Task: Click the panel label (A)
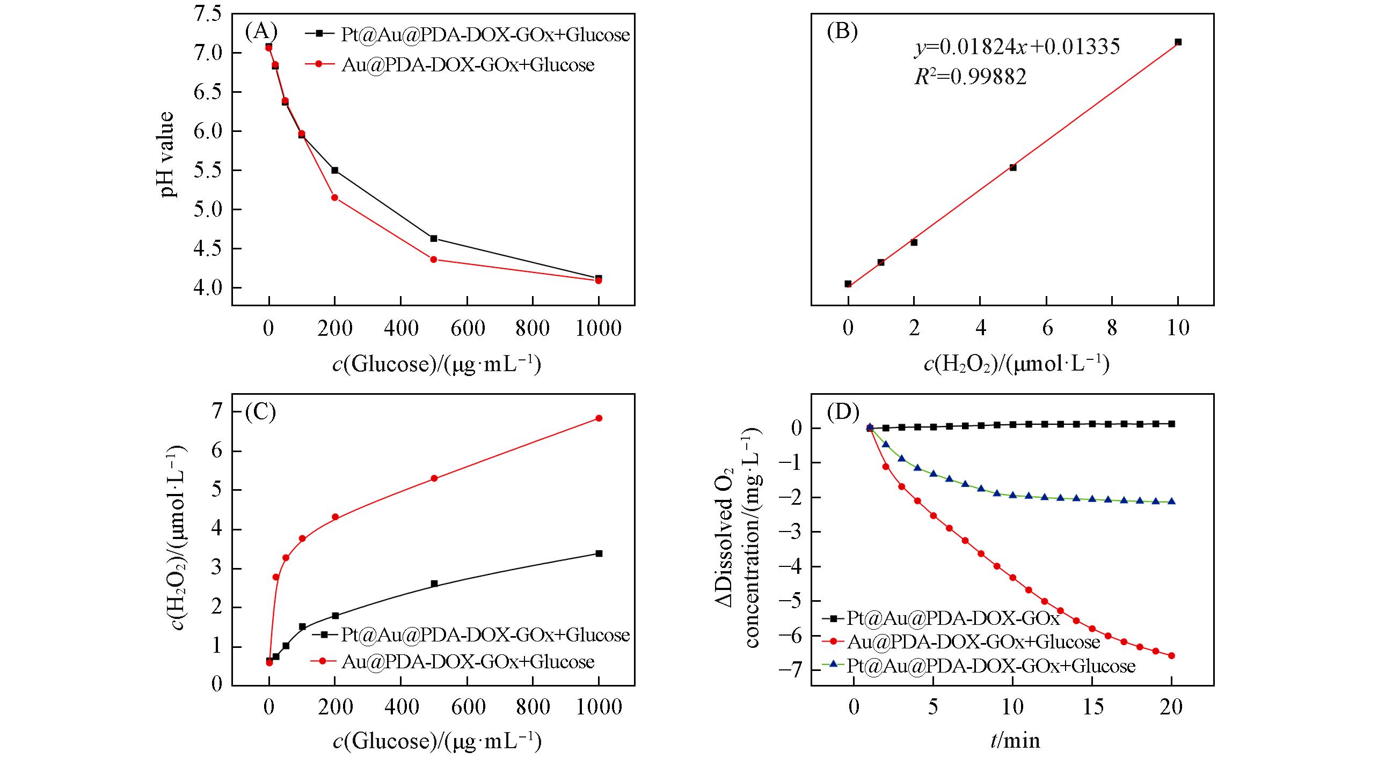pyautogui.click(x=261, y=32)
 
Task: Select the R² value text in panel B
pyautogui.click(x=971, y=77)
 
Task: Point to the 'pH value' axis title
pyautogui.click(x=168, y=154)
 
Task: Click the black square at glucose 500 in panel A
pyautogui.click(x=434, y=238)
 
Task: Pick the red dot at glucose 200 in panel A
pyautogui.click(x=334, y=197)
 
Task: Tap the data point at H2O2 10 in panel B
pyautogui.click(x=1178, y=42)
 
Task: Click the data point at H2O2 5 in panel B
pyautogui.click(x=1013, y=167)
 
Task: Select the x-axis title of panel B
pyautogui.click(x=1016, y=364)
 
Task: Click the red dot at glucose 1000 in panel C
pyautogui.click(x=599, y=418)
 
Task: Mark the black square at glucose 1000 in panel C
pyautogui.click(x=599, y=554)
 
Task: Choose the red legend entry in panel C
pyautogui.click(x=468, y=662)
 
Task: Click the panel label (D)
pyautogui.click(x=843, y=412)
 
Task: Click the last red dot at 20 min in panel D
pyautogui.click(x=1171, y=655)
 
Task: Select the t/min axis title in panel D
pyautogui.click(x=1015, y=741)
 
